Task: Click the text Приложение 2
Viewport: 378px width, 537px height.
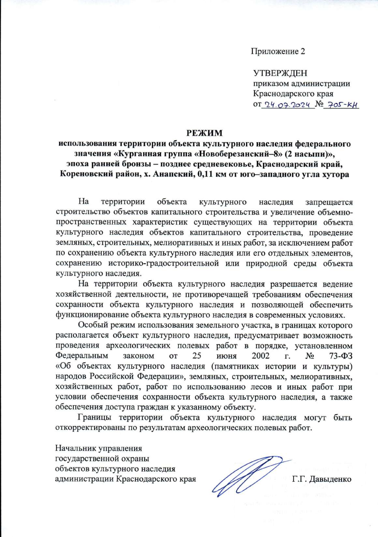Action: point(278,51)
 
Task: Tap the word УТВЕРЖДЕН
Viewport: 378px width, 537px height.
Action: point(280,73)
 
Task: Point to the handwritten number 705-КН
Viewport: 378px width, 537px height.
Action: point(342,105)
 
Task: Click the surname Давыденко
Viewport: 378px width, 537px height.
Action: point(330,479)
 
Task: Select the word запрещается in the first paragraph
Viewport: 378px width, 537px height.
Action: point(329,202)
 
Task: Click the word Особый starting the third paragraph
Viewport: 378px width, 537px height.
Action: point(89,325)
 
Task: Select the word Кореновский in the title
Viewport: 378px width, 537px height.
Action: point(86,175)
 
